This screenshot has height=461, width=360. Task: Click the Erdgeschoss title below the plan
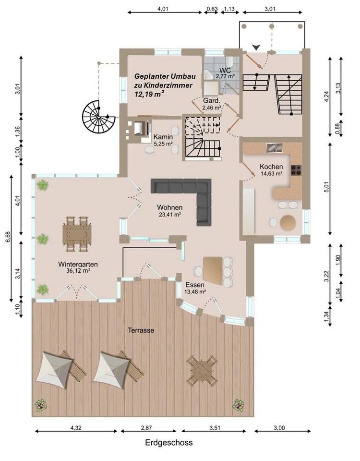(168, 442)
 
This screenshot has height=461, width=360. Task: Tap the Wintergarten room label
(78, 264)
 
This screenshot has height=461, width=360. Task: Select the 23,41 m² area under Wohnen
(169, 215)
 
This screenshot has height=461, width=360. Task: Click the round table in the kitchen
(288, 222)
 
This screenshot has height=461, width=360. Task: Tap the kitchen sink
(274, 147)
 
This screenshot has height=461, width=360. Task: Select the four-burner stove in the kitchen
(296, 170)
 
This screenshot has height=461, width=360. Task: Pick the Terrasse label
(141, 330)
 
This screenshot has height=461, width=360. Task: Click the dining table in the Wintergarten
(77, 234)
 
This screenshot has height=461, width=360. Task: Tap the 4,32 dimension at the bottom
(76, 428)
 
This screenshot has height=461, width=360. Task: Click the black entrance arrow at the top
(256, 47)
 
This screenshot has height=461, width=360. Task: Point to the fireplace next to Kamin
(138, 128)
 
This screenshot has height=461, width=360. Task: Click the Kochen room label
(271, 167)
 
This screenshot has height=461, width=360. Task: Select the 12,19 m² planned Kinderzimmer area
(149, 95)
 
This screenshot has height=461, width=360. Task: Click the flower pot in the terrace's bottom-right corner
(239, 405)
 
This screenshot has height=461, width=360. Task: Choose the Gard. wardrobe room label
(212, 101)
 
